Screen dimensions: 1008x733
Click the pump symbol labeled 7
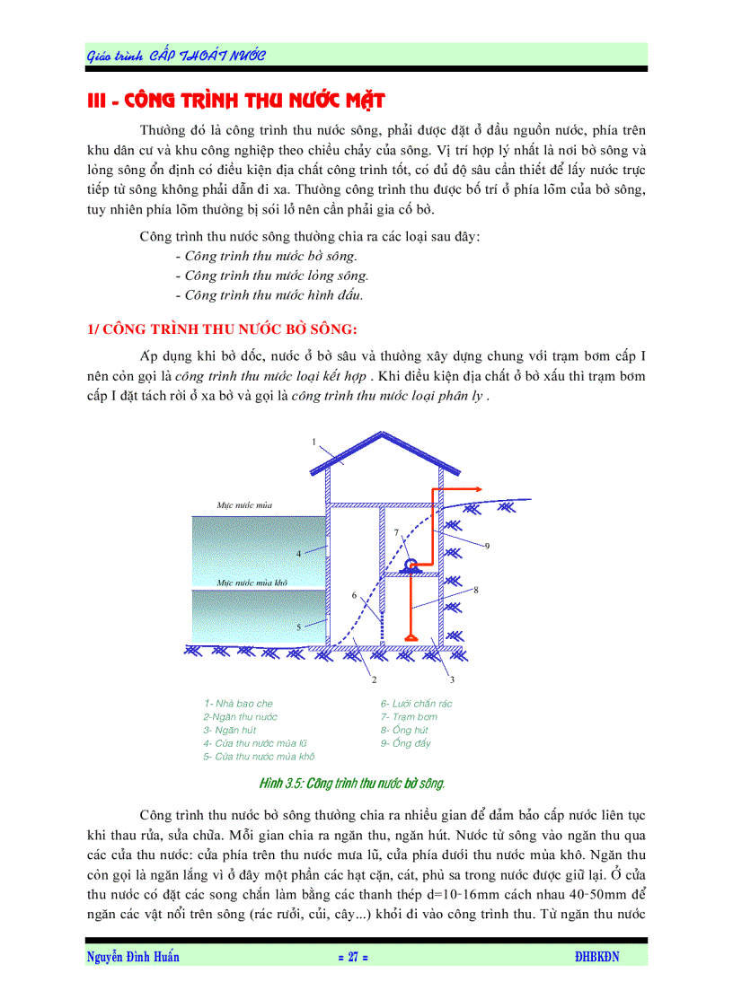click(411, 565)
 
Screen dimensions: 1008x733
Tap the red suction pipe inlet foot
click(411, 638)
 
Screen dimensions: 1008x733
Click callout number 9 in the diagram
click(487, 546)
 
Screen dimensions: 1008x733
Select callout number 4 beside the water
click(298, 553)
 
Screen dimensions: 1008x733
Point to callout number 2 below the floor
click(374, 680)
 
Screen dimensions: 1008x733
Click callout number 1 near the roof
click(314, 441)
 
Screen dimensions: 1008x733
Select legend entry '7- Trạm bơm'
click(409, 717)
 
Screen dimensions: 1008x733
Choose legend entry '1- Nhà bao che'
click(238, 704)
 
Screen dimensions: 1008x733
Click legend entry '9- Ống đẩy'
click(405, 743)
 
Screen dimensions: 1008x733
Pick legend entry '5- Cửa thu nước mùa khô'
click(259, 757)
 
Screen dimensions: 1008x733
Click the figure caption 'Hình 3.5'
click(352, 784)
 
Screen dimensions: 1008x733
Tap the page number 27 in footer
click(353, 957)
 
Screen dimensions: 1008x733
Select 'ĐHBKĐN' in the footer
click(596, 957)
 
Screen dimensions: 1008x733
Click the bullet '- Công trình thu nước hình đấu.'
click(269, 294)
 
